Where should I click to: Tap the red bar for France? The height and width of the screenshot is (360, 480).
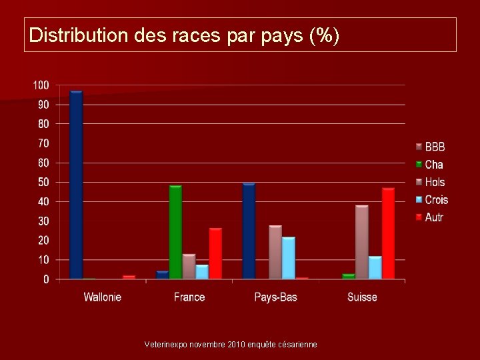pyautogui.click(x=215, y=253)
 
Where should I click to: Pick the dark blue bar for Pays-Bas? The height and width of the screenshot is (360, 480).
pyautogui.click(x=249, y=231)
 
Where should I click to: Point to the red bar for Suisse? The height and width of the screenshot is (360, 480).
pyautogui.click(x=388, y=233)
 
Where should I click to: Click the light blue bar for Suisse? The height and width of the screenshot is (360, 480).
pyautogui.click(x=375, y=267)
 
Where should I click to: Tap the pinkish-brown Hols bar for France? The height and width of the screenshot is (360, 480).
pyautogui.click(x=189, y=266)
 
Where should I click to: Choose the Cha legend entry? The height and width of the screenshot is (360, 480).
pyautogui.click(x=433, y=165)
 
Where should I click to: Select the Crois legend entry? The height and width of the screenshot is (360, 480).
pyautogui.click(x=436, y=200)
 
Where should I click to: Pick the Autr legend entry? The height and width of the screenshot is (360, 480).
pyautogui.click(x=434, y=217)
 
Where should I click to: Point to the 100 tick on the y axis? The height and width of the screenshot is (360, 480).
pyautogui.click(x=41, y=85)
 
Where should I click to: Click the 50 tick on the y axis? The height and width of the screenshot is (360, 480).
pyautogui.click(x=43, y=182)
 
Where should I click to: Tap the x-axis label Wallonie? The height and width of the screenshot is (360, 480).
pyautogui.click(x=103, y=297)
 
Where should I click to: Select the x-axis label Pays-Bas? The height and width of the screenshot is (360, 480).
pyautogui.click(x=275, y=297)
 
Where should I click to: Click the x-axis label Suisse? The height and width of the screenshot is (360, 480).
pyautogui.click(x=362, y=297)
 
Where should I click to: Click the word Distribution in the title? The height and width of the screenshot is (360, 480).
pyautogui.click(x=77, y=35)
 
